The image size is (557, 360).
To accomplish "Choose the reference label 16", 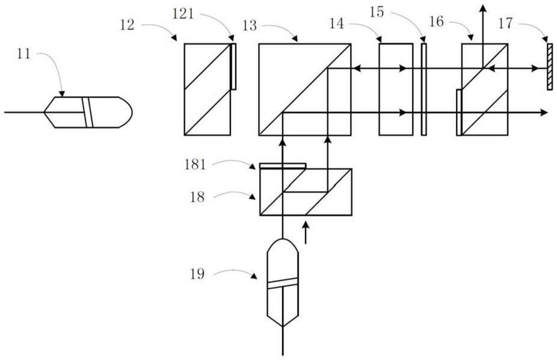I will (437, 22).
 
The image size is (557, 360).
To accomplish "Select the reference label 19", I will (197, 274).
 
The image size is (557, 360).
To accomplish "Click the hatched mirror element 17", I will (549, 66).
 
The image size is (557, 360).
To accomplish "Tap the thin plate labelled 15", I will (423, 89).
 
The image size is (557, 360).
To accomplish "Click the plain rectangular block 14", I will (396, 89).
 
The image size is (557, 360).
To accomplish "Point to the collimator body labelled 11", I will (88, 112).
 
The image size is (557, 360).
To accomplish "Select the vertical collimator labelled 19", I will (283, 282).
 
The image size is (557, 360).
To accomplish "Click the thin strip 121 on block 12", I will (233, 66).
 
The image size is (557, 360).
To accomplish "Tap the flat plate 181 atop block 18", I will (283, 165).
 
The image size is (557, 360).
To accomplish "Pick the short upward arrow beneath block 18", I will (306, 233).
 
